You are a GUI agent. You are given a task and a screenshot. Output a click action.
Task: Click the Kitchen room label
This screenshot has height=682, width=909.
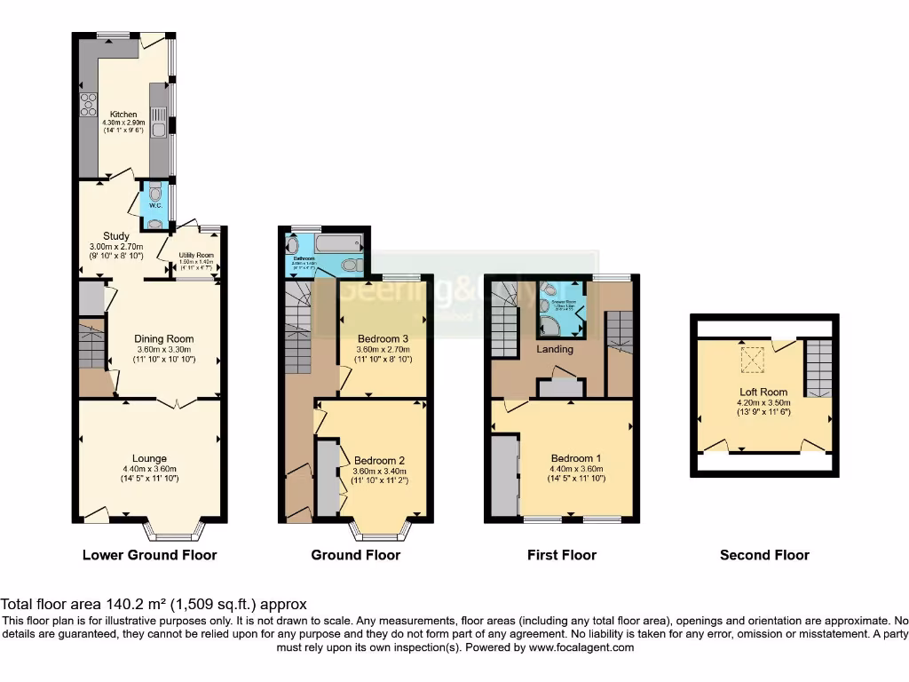123,115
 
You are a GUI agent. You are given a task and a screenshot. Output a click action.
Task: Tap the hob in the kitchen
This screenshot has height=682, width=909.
89,105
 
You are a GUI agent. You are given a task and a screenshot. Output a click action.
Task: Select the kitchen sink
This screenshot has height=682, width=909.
157,123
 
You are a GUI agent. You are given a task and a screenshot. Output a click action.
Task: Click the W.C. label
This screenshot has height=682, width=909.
155,206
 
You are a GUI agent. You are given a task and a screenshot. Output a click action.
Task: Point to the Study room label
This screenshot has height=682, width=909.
104,236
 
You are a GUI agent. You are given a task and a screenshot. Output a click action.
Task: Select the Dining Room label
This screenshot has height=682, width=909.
163,338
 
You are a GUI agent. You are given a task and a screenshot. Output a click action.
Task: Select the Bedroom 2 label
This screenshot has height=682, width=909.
379,460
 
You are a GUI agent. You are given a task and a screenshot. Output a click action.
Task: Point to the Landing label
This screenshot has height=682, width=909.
556,349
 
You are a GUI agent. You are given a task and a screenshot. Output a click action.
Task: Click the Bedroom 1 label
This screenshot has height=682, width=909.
576,458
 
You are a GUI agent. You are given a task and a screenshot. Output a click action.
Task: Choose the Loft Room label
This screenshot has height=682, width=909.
764,392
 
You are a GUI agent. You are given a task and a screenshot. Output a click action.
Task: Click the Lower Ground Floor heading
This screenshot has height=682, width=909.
149,555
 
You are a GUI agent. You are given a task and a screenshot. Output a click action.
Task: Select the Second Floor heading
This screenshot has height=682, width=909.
764,555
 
